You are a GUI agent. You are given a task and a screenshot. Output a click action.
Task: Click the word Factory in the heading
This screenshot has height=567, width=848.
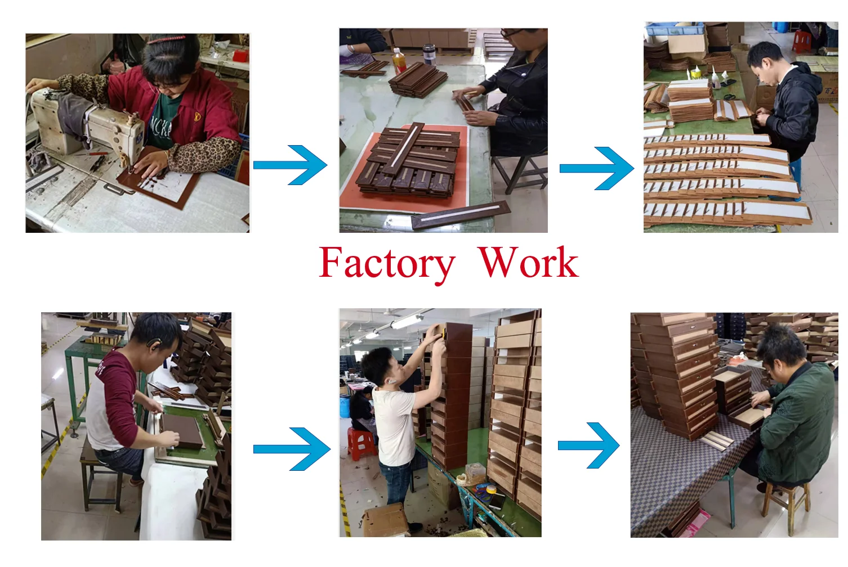387,263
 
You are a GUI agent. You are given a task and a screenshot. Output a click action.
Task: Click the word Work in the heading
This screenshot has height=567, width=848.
528,263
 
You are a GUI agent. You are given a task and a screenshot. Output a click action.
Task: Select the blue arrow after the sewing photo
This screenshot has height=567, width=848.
291,165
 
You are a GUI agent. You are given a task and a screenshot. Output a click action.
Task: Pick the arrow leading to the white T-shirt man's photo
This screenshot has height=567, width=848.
292,449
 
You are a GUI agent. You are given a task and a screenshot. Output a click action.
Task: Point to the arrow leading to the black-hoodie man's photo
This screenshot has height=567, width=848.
597,168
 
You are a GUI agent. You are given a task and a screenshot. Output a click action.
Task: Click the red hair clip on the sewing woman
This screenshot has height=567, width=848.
166,39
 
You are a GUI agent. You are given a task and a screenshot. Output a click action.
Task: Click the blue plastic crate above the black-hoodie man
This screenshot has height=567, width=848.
673,29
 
